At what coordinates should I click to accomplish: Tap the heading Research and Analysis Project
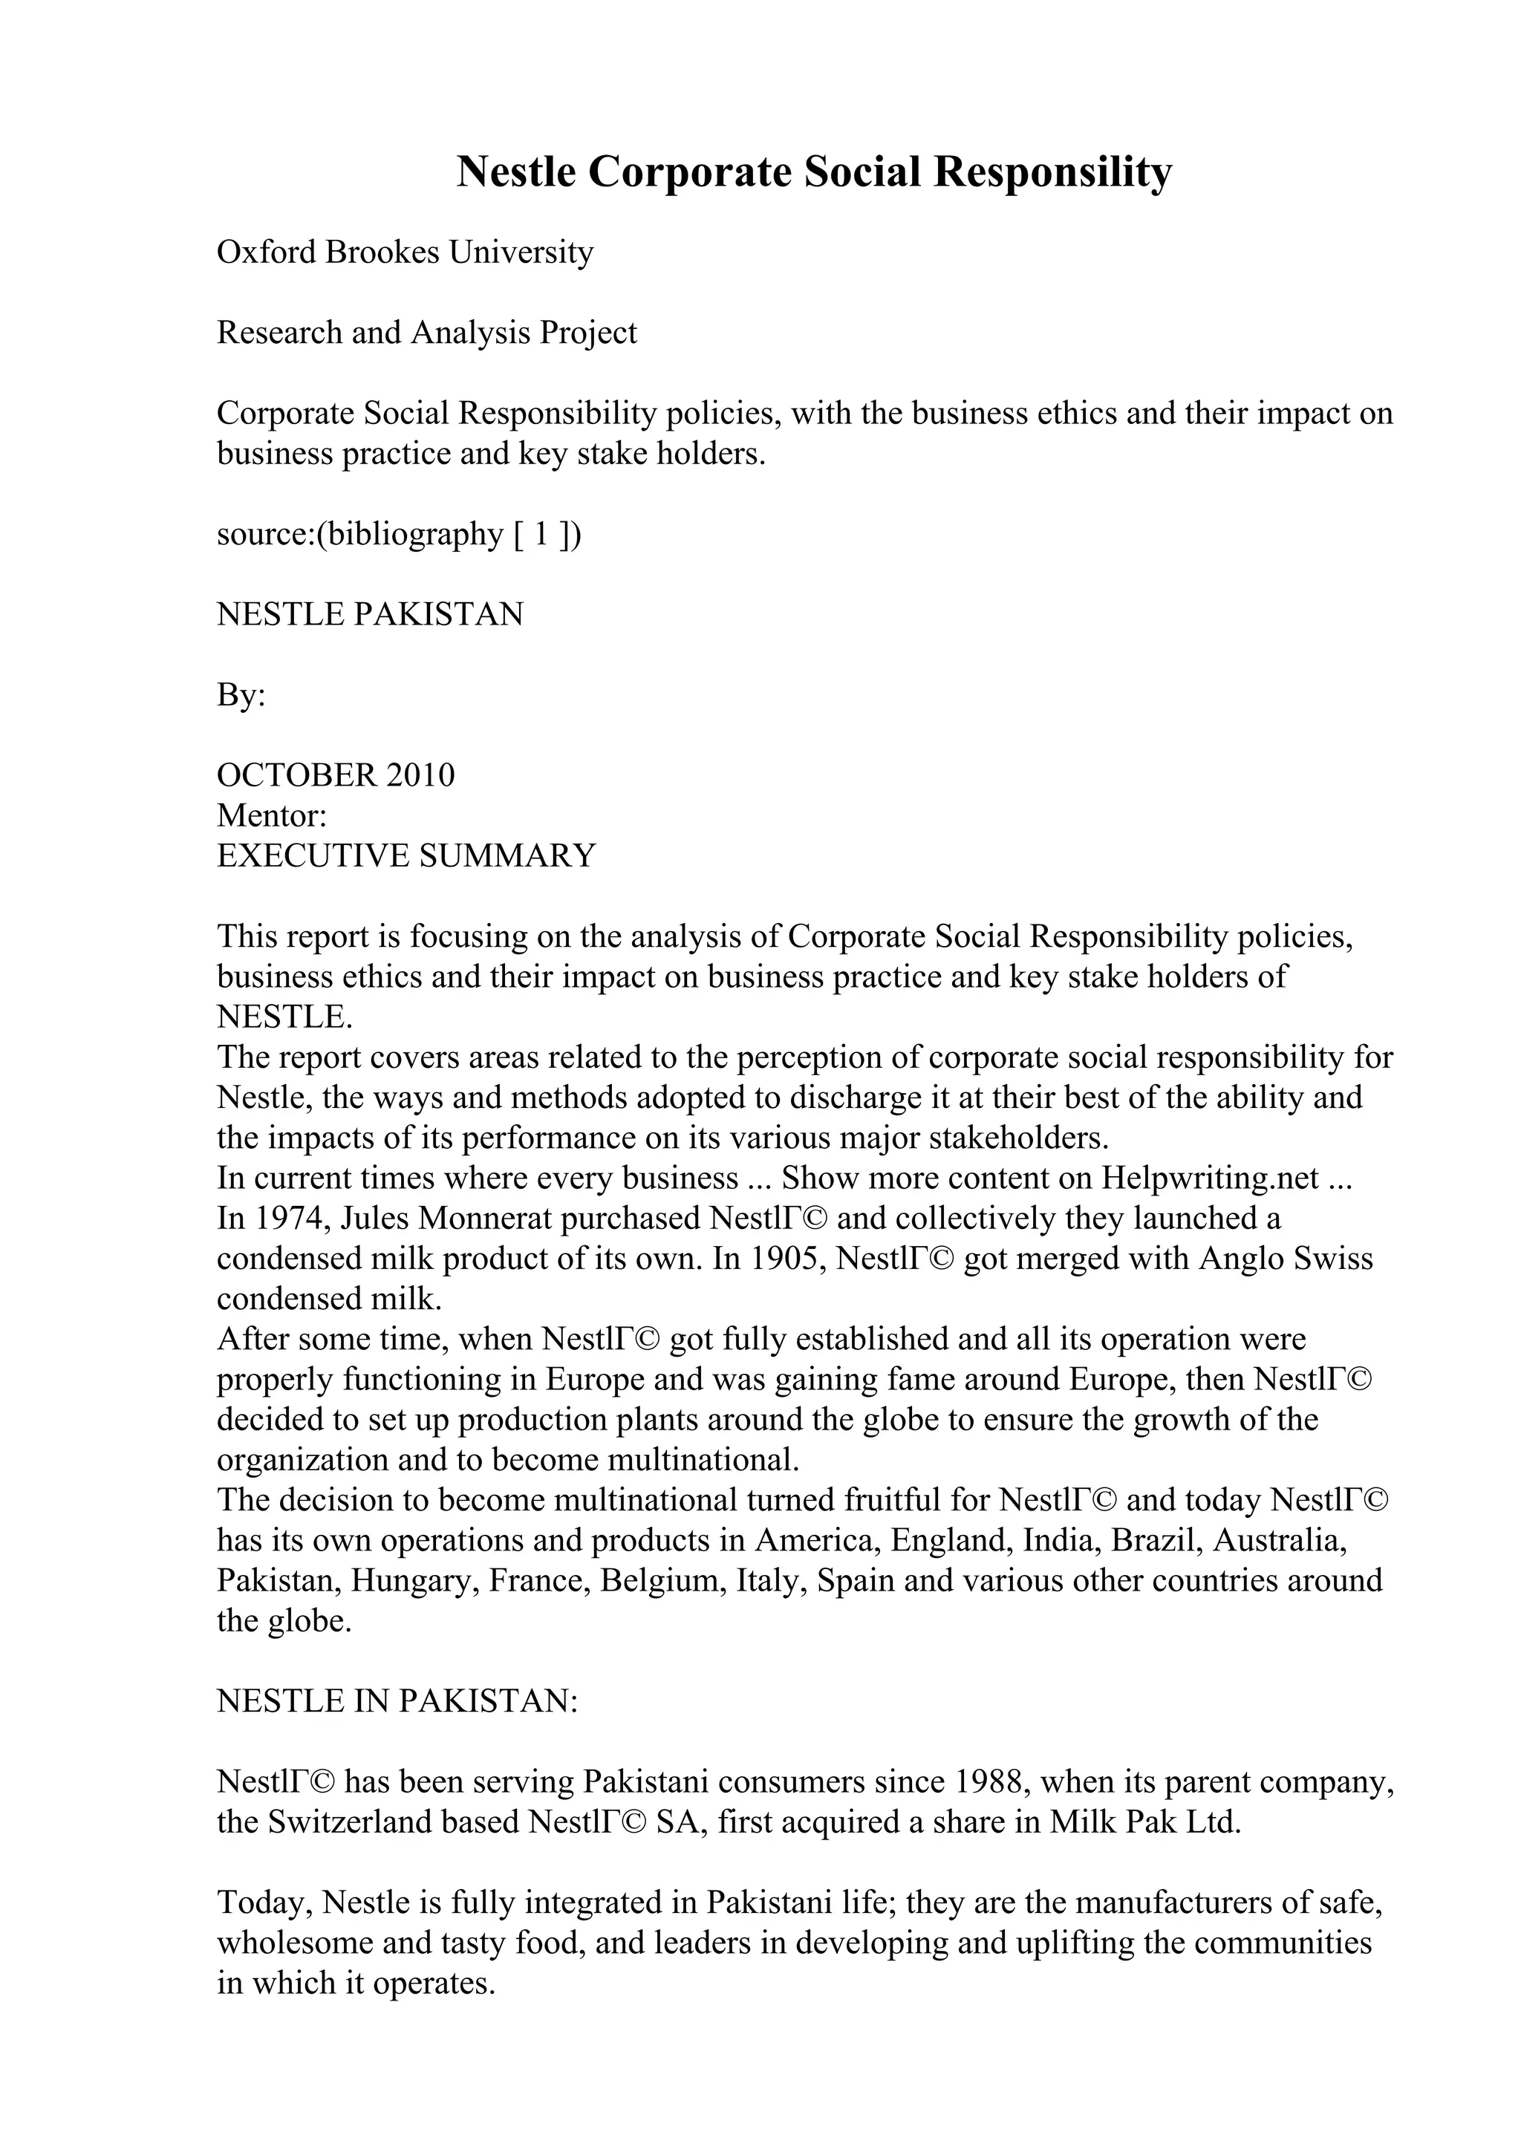click(426, 333)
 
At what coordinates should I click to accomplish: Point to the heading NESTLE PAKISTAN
click(369, 615)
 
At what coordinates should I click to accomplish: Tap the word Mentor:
click(272, 815)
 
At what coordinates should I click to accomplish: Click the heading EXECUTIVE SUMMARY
click(406, 855)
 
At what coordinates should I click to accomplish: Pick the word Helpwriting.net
click(1210, 1177)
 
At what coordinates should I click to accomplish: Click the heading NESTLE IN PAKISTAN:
click(397, 1701)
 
